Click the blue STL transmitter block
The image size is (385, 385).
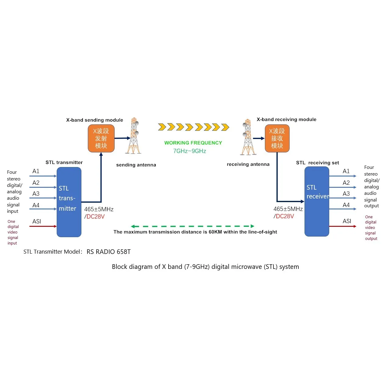click(x=69, y=202)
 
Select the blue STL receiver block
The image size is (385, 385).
click(x=317, y=201)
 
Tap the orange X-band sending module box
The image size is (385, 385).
click(x=101, y=138)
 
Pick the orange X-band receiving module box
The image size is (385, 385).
click(x=277, y=138)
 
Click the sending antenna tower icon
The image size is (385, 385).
click(x=134, y=135)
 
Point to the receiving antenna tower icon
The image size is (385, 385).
click(x=248, y=137)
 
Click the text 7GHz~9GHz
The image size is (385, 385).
click(x=189, y=151)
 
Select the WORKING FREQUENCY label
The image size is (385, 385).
click(x=193, y=143)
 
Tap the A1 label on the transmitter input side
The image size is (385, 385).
click(x=36, y=171)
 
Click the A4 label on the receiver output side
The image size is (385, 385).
click(x=346, y=205)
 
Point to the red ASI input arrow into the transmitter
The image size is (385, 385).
click(x=43, y=226)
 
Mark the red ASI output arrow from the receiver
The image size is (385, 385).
click(x=343, y=226)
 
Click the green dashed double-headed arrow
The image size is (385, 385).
click(x=192, y=226)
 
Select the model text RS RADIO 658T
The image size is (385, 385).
click(x=109, y=251)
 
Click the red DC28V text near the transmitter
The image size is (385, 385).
click(x=95, y=216)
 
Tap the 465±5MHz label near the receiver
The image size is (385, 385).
click(x=288, y=209)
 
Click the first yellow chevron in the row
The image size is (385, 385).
click(x=162, y=127)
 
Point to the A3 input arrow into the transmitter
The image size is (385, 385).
click(x=43, y=198)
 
